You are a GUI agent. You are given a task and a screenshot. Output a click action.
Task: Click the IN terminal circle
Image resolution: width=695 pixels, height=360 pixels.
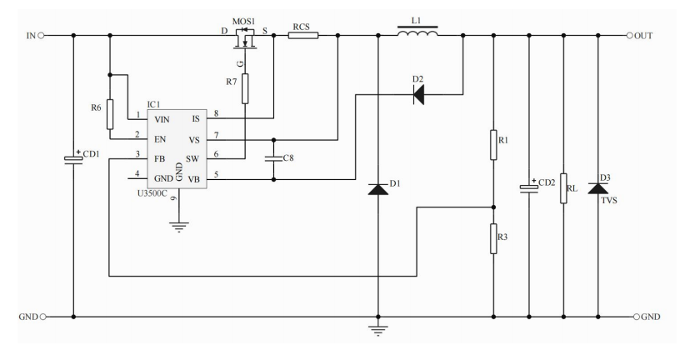pyautogui.click(x=42, y=36)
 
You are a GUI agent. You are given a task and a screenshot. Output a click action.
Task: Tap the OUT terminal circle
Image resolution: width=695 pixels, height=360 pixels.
pyautogui.click(x=630, y=36)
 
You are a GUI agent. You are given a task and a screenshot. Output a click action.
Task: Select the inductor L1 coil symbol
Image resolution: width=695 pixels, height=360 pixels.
pyautogui.click(x=417, y=34)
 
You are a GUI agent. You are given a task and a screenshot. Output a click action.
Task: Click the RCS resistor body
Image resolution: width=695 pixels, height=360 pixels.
pyautogui.click(x=300, y=36)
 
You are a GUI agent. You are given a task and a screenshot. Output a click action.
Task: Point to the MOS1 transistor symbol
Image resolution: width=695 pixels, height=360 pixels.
pyautogui.click(x=244, y=39)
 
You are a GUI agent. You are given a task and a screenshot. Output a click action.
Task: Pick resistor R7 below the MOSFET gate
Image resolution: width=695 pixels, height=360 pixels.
pyautogui.click(x=245, y=87)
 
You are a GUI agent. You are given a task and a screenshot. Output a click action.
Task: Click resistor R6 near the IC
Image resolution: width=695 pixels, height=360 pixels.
pyautogui.click(x=110, y=116)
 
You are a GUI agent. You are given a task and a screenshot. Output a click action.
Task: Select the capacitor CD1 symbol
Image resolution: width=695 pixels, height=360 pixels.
pyautogui.click(x=74, y=158)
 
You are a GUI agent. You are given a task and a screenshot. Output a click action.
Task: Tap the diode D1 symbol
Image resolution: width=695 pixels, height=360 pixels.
pyautogui.click(x=379, y=189)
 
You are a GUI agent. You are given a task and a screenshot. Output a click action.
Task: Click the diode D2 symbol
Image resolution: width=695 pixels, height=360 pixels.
pyautogui.click(x=417, y=95)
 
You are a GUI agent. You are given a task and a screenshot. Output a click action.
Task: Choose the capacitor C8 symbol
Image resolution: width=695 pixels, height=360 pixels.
pyautogui.click(x=274, y=157)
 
